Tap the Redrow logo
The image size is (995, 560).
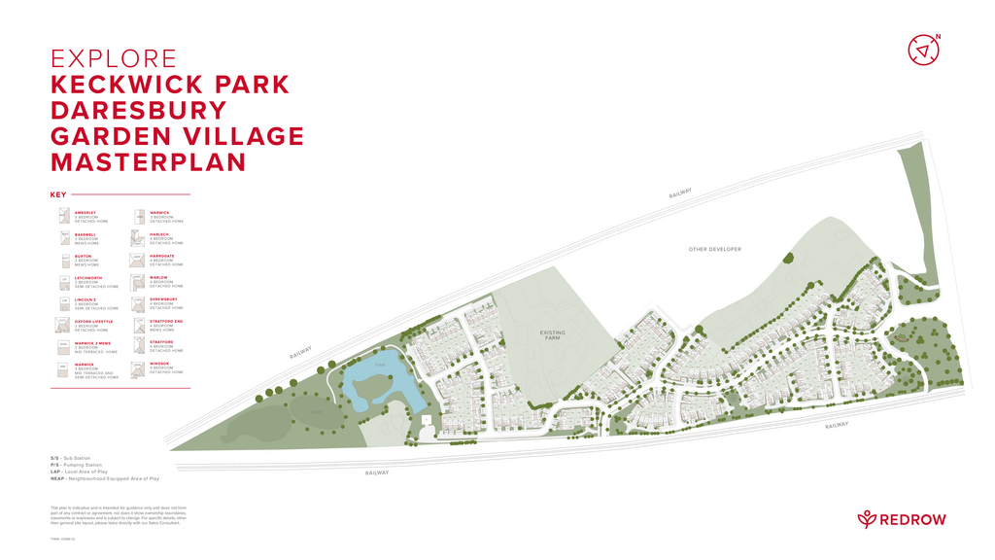tap(901, 519)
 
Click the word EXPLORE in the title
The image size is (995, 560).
tap(114, 59)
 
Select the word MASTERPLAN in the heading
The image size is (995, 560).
tap(148, 161)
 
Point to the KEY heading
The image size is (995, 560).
tap(58, 194)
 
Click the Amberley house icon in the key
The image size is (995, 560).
tap(63, 216)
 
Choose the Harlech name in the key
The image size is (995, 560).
tap(159, 233)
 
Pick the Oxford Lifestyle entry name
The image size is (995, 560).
tap(93, 321)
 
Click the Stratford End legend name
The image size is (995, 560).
tap(166, 321)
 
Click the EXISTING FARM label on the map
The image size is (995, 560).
tap(552, 335)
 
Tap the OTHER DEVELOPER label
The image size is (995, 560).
tap(714, 249)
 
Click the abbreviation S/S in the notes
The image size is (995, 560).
tap(54, 458)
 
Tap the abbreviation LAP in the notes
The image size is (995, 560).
tap(55, 472)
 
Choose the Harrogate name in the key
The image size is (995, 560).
tap(162, 256)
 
